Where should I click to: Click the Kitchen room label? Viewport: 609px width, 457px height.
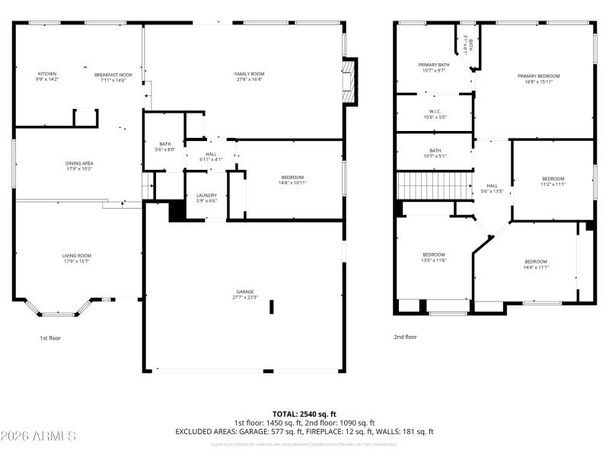(46, 76)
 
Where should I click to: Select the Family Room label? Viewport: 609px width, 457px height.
(248, 76)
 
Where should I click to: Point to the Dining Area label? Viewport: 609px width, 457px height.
(78, 165)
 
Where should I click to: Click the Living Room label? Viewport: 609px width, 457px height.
(76, 258)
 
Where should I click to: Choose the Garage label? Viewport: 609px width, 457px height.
(244, 294)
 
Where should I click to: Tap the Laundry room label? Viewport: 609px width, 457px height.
(207, 197)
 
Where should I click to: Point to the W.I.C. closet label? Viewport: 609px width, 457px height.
(435, 114)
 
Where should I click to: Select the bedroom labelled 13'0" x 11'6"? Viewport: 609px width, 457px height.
(434, 257)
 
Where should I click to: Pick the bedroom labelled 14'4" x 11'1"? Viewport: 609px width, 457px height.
(536, 264)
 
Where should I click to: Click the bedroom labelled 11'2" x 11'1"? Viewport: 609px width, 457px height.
(553, 181)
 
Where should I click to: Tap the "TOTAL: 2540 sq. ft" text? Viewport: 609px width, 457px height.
(304, 414)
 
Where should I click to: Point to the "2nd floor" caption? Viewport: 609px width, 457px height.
(405, 337)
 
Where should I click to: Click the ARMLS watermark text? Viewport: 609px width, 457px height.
(38, 436)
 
